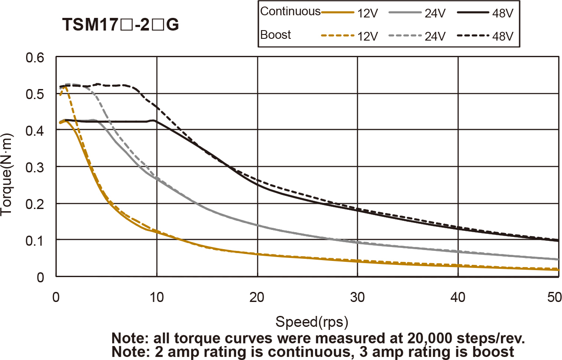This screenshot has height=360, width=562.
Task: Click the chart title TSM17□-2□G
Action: tap(121, 25)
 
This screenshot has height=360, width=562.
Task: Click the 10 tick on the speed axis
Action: tap(156, 297)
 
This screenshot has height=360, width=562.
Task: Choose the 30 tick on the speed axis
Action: tap(357, 297)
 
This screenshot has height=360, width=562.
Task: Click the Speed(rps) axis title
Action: tap(312, 322)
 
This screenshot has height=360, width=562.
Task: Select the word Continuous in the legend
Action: tap(290, 12)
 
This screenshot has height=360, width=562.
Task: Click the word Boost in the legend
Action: tap(275, 35)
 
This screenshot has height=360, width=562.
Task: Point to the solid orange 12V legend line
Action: tap(337, 13)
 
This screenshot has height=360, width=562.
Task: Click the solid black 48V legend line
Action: tap(473, 13)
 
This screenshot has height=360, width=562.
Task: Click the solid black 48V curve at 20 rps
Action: tap(257, 185)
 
